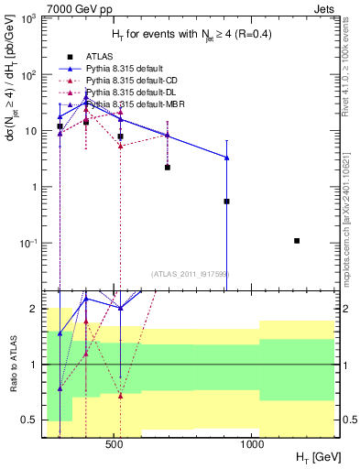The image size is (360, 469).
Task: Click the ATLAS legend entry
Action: [83, 56]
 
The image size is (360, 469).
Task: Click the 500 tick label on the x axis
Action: [115, 444]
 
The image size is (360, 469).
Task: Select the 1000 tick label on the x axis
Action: [253, 444]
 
